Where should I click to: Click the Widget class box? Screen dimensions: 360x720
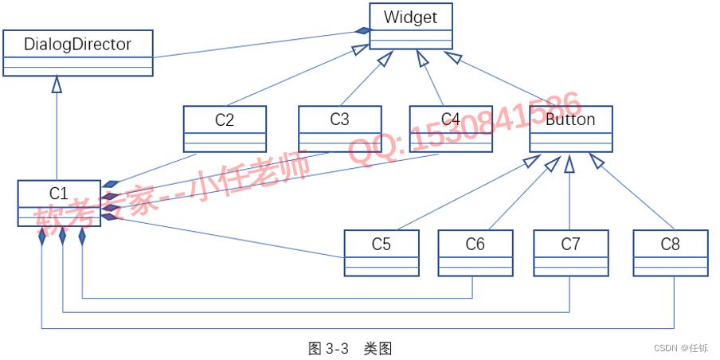(410, 27)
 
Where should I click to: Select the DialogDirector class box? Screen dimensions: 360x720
(77, 53)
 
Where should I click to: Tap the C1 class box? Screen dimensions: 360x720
(59, 203)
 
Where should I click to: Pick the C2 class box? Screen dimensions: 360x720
(225, 129)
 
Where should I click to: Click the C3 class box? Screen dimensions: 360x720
(339, 129)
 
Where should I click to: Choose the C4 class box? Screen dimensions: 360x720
(451, 129)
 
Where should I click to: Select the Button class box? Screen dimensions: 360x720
(571, 129)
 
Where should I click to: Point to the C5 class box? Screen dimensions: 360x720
(382, 253)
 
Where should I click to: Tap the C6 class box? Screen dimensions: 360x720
(475, 253)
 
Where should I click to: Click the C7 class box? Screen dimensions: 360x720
(570, 253)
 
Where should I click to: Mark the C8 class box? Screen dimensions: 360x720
(671, 253)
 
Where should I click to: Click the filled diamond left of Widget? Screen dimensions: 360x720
(363, 31)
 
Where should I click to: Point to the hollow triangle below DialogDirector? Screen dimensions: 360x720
(57, 82)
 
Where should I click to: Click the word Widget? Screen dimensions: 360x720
(410, 18)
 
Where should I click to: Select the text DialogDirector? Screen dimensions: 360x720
(77, 44)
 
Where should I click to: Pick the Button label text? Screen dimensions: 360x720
(570, 119)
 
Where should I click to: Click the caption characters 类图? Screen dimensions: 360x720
(378, 348)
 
